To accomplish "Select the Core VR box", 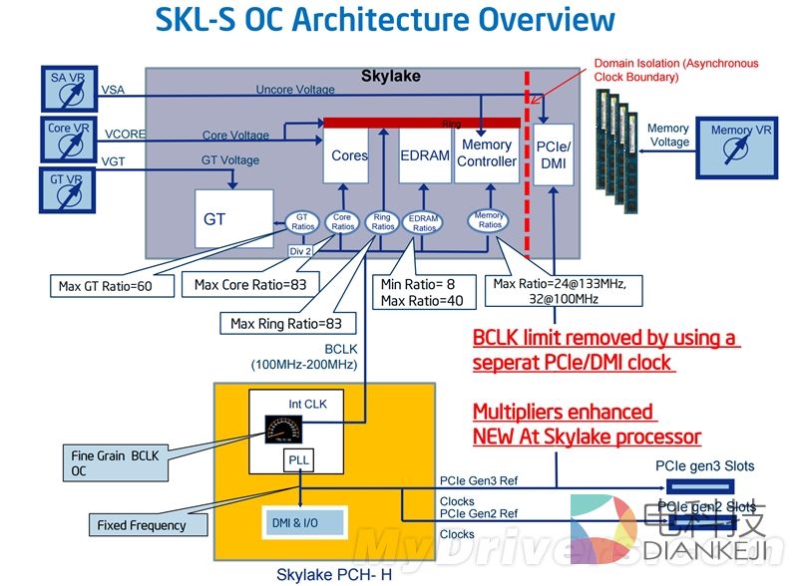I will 71,139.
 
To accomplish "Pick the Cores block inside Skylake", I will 349,154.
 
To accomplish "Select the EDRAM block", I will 424,154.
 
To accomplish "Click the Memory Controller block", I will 487,154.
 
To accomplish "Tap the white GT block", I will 233,218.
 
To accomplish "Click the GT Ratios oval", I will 303,221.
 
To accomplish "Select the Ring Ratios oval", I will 383,221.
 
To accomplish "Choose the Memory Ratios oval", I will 489,220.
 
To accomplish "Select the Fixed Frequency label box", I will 141,524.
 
